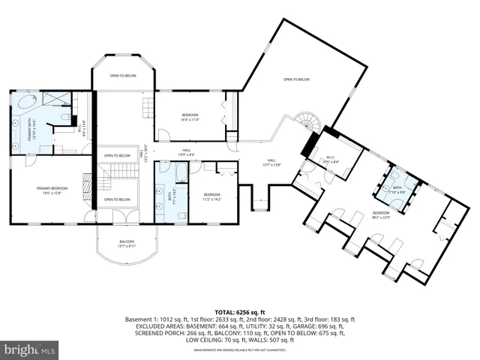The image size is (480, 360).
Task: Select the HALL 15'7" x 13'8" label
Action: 272,162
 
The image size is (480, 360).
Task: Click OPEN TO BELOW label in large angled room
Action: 297,79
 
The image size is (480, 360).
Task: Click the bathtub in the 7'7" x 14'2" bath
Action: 181,177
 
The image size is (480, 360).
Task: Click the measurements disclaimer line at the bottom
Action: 239,349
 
